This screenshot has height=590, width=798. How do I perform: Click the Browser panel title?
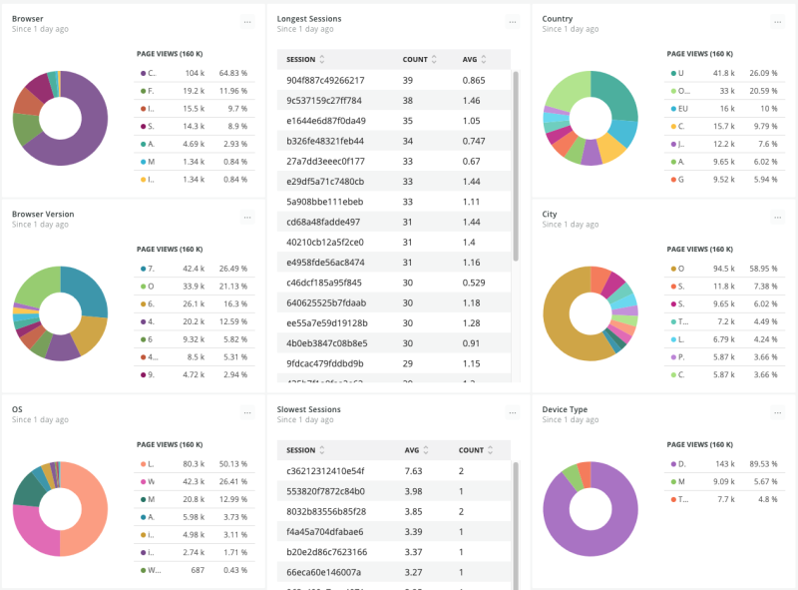click(27, 19)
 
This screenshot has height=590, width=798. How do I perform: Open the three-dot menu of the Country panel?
click(777, 21)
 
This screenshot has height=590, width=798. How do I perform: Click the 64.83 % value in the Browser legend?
click(233, 73)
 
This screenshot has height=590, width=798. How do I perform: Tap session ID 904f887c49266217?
click(325, 80)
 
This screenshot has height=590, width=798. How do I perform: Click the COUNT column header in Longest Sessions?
click(415, 59)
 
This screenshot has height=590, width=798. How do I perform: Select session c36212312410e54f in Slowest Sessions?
click(325, 470)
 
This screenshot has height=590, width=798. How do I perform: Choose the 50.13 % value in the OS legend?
click(233, 463)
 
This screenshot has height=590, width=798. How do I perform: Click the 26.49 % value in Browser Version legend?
click(233, 269)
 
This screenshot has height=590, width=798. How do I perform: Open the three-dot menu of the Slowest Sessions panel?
click(512, 411)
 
